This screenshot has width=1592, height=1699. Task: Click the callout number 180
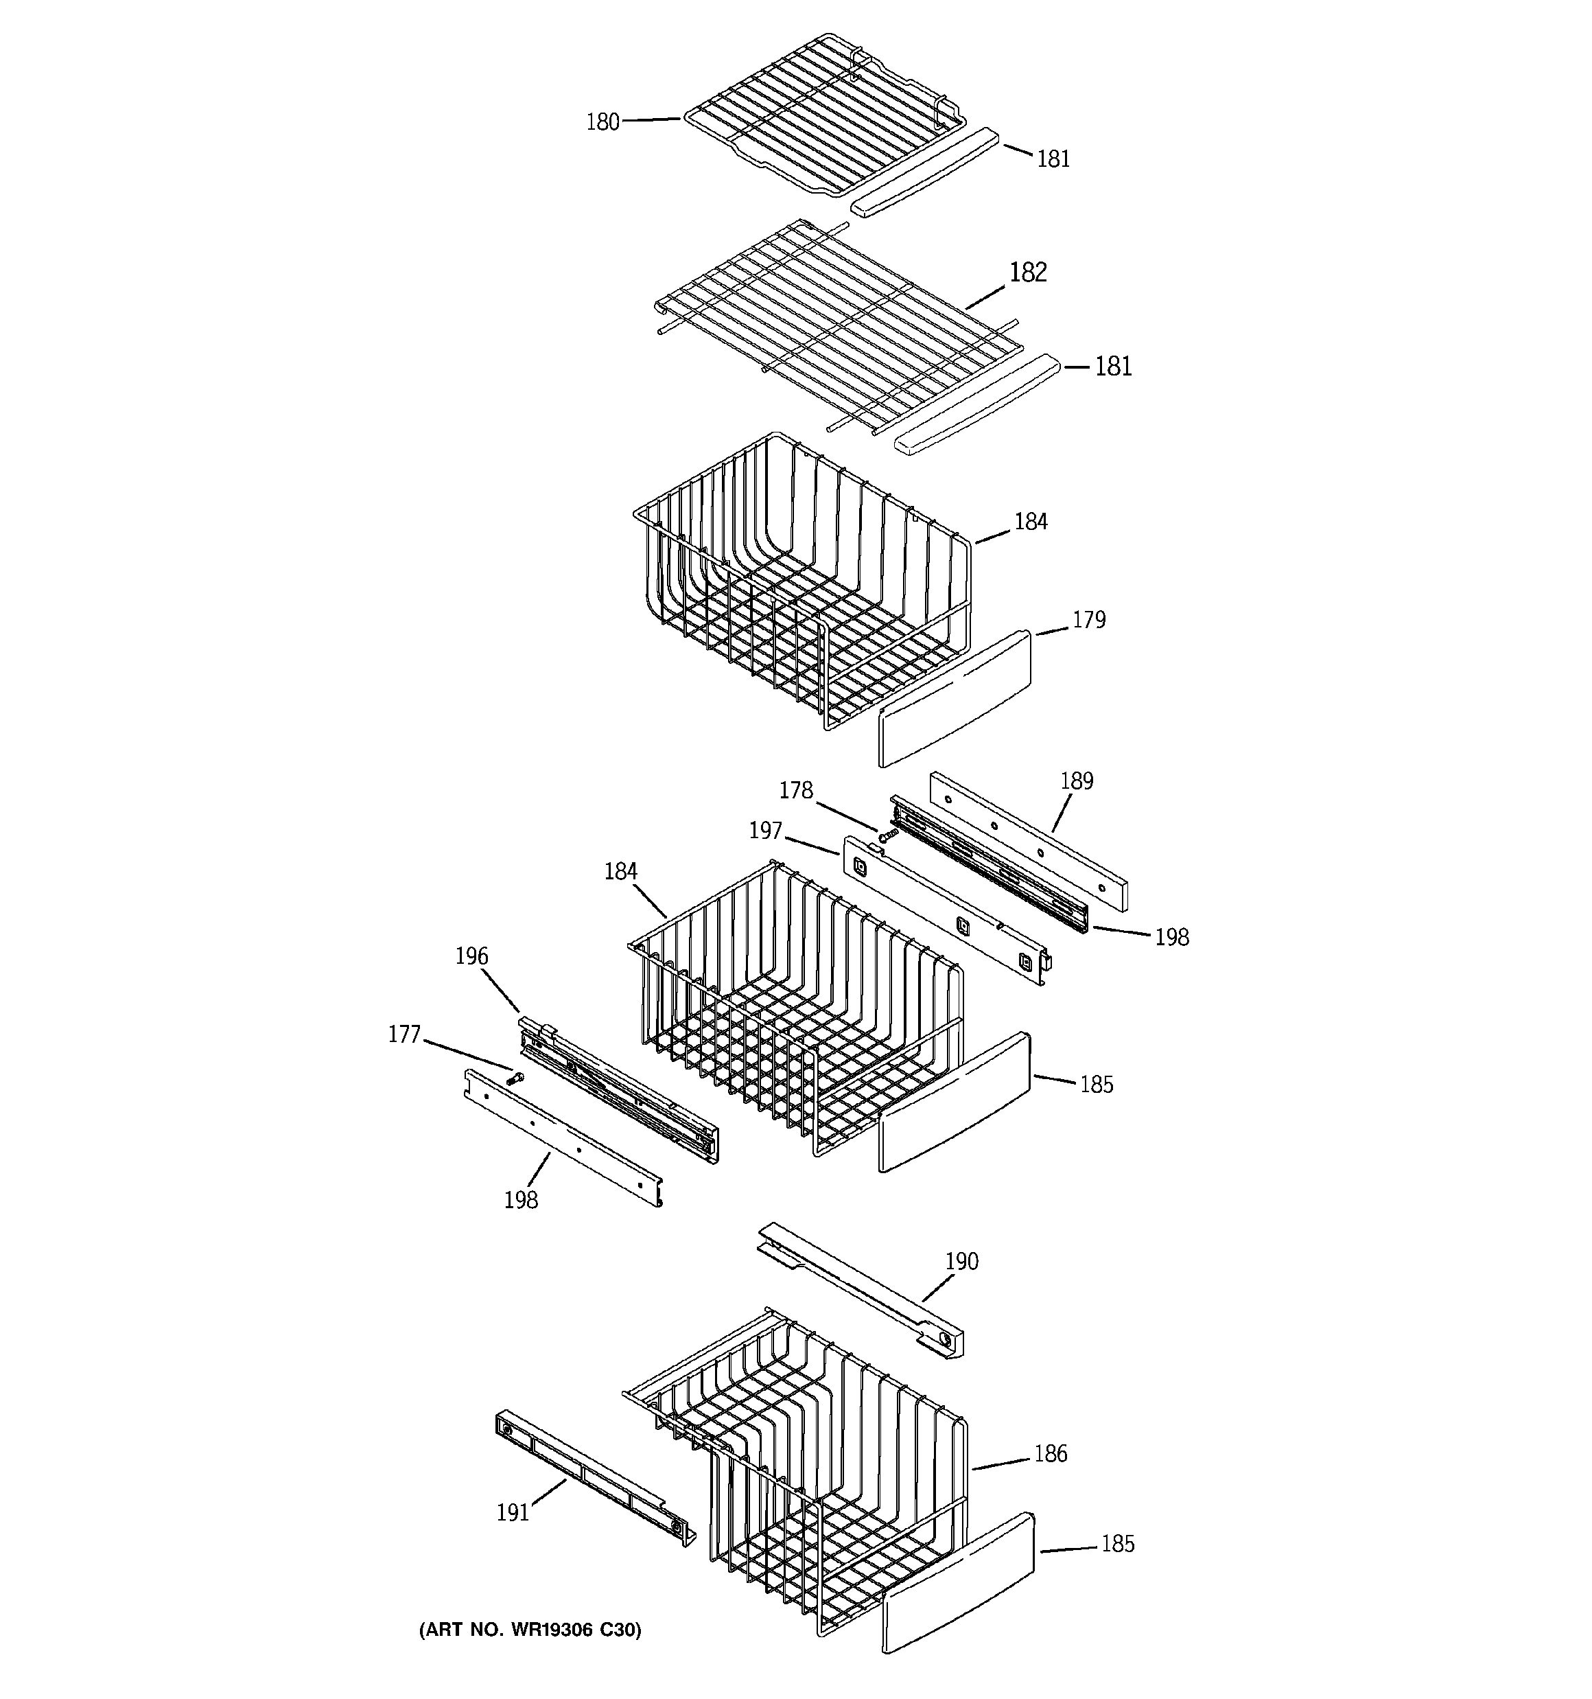pyautogui.click(x=602, y=122)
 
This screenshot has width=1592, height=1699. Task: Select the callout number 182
pyautogui.click(x=1027, y=272)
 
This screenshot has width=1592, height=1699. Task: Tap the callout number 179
pyautogui.click(x=1089, y=620)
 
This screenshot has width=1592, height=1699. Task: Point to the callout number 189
pyautogui.click(x=1076, y=781)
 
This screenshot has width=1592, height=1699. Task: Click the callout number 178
pyautogui.click(x=795, y=791)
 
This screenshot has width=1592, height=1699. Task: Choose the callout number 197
pyautogui.click(x=766, y=830)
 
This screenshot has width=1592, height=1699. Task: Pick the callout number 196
pyautogui.click(x=471, y=956)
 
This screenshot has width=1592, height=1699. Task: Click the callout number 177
pyautogui.click(x=404, y=1035)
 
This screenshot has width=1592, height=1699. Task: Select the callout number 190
pyautogui.click(x=961, y=1262)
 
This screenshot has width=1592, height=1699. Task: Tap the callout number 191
pyautogui.click(x=513, y=1513)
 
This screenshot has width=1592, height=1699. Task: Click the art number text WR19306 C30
pyautogui.click(x=530, y=1630)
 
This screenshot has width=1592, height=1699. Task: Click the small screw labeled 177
pyautogui.click(x=515, y=1078)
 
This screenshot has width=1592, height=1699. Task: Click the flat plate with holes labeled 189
pyautogui.click(x=1028, y=840)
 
